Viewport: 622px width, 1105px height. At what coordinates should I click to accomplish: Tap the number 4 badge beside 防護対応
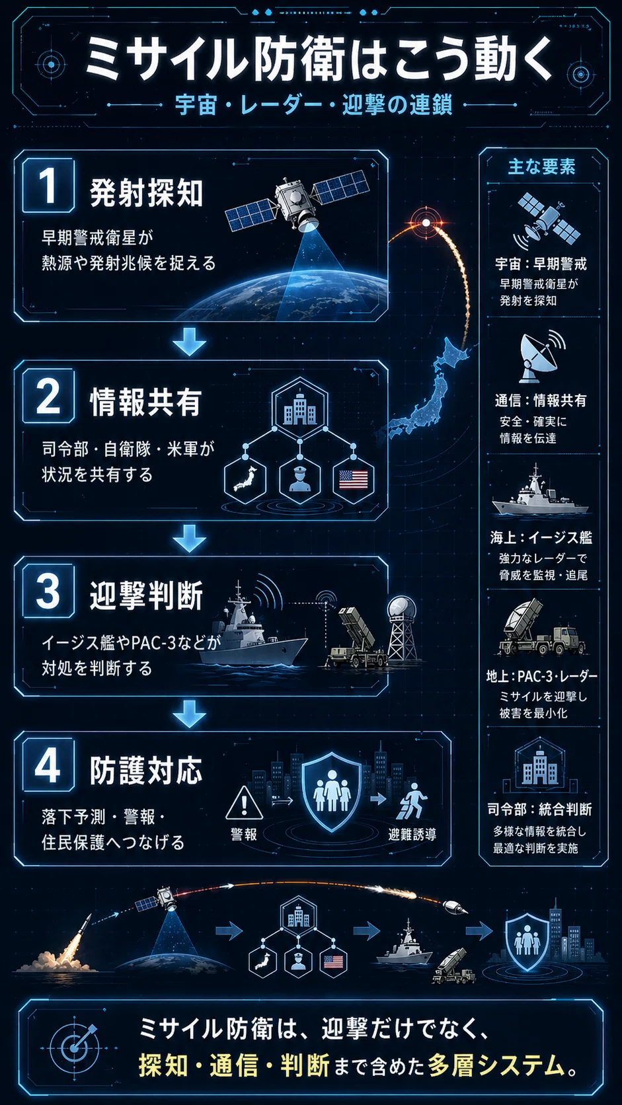tap(48, 764)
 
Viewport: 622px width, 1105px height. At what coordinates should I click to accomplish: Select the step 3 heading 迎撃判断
tap(146, 595)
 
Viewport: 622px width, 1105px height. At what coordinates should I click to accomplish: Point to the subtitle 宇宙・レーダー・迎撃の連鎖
tap(314, 105)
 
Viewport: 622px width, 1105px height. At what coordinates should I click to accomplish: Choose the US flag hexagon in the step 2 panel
tap(354, 479)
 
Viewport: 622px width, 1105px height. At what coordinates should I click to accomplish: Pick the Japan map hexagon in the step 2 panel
tap(246, 479)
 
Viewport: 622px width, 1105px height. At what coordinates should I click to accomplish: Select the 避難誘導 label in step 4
tap(412, 834)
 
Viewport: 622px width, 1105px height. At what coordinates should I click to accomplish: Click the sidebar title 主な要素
tap(541, 167)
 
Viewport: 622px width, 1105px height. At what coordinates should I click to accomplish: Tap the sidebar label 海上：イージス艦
tap(541, 537)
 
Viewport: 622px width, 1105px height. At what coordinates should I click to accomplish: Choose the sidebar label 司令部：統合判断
tap(539, 809)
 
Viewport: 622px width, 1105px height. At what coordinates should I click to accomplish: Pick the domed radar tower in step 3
tap(402, 628)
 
